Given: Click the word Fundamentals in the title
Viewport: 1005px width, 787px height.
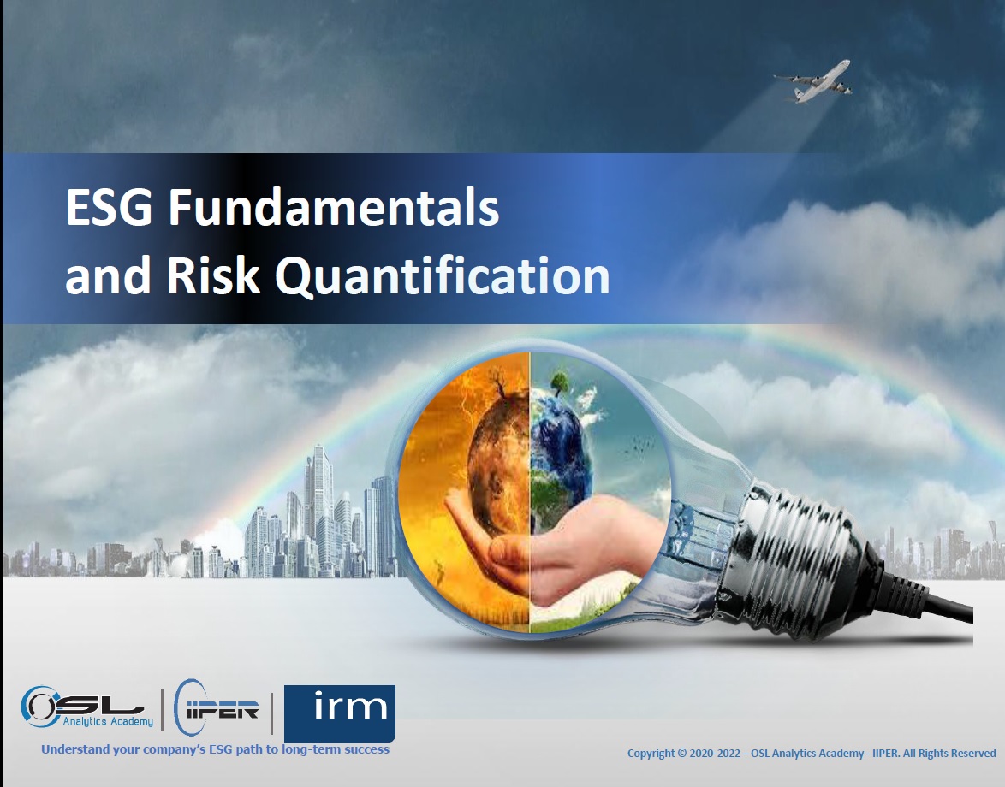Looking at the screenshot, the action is [333, 208].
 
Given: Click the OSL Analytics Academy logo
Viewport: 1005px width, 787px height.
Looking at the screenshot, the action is [86, 707].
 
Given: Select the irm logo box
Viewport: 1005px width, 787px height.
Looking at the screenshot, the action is [340, 713].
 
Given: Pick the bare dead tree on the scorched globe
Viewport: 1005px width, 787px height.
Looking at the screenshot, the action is [497, 391].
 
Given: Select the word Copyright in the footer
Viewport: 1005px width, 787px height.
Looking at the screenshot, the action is [651, 754].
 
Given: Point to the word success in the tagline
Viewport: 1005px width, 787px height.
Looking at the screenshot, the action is [366, 749].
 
